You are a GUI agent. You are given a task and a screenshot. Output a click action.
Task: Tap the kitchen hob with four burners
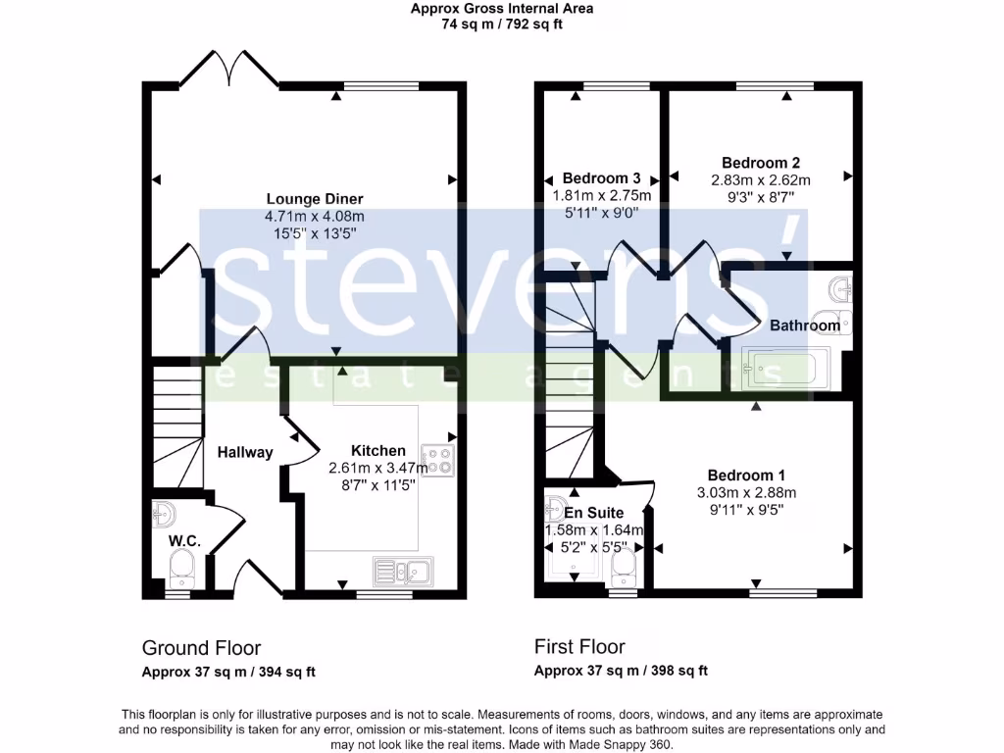(x=436, y=459)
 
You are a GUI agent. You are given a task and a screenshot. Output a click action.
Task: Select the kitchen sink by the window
(x=402, y=571)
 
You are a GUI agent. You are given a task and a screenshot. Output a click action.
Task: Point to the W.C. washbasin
(x=165, y=514)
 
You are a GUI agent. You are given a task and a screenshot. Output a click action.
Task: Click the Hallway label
(x=245, y=452)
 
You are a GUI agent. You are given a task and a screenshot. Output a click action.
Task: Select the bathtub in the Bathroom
(x=785, y=370)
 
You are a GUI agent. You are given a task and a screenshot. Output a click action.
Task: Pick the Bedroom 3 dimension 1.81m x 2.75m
(x=602, y=195)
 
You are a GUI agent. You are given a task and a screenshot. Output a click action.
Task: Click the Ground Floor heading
(x=201, y=647)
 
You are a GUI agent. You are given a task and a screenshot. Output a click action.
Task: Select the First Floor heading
(x=579, y=646)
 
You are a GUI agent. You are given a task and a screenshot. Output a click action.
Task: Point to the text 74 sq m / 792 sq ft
(x=501, y=25)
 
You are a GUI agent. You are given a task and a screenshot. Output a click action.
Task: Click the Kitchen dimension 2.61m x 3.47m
(x=378, y=468)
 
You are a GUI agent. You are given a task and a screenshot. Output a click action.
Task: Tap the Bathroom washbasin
(x=840, y=290)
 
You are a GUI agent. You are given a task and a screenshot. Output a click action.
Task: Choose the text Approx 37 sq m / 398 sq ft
(x=621, y=672)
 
